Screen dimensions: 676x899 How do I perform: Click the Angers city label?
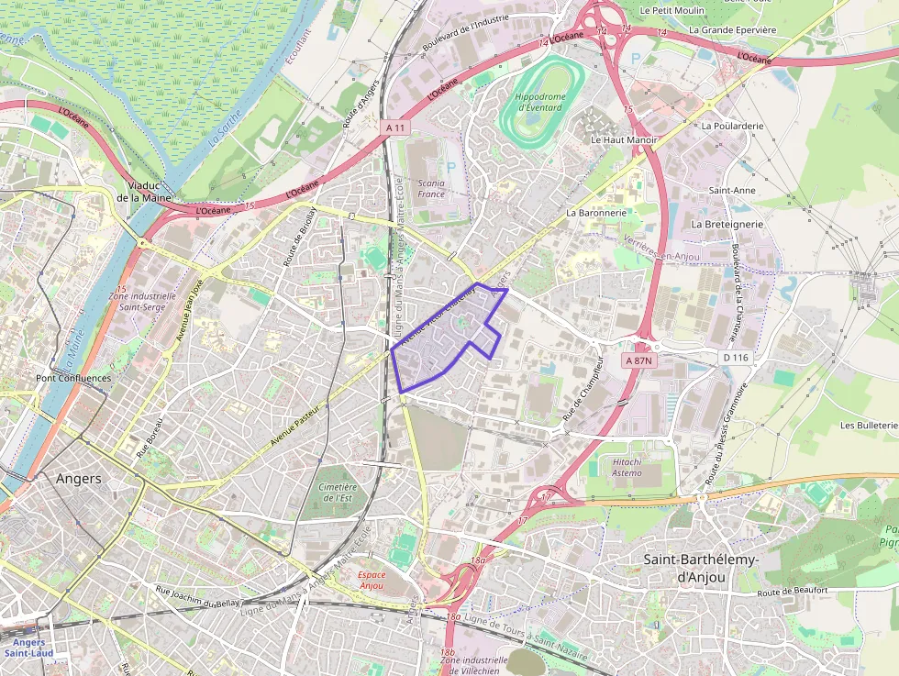79,479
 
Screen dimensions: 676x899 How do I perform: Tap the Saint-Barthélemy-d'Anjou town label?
684,568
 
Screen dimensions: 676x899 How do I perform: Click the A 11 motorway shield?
394,127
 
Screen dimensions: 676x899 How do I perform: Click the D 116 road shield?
736,357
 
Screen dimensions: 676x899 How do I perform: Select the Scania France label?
431,188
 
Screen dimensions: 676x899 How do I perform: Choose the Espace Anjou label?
372,579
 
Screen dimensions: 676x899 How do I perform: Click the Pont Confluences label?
73,378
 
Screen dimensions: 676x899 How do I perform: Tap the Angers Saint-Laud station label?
28,648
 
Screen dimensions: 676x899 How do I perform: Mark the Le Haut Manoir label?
624,140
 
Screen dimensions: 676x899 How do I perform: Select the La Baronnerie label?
596,212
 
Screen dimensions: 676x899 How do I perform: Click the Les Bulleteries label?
868,426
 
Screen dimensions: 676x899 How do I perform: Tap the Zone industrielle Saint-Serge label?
142,301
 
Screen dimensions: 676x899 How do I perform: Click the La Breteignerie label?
727,224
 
